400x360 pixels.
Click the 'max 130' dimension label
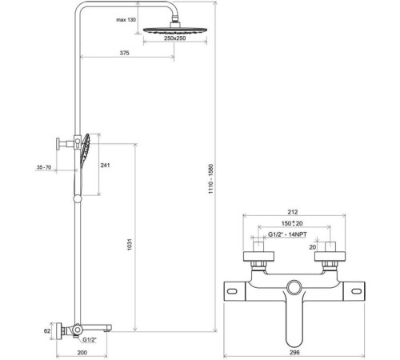(126, 20)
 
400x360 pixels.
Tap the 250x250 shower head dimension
(175, 38)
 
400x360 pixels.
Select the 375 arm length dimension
(124, 53)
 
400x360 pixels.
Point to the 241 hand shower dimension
(105, 165)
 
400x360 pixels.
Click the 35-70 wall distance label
(44, 167)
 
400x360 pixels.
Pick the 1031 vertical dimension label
(130, 245)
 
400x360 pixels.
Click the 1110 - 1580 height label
(211, 179)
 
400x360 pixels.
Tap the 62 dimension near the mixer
(47, 331)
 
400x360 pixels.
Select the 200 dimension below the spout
(82, 353)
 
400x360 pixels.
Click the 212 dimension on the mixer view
(293, 212)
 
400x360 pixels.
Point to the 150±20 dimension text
(292, 223)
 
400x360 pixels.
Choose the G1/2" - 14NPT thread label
(287, 234)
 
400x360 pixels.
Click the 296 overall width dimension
(294, 352)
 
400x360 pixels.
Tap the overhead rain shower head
(175, 30)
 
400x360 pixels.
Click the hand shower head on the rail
(85, 150)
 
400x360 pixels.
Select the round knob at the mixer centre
(294, 287)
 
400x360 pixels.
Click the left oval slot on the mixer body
(232, 291)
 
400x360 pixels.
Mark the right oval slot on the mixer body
(357, 291)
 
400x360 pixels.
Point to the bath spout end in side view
(108, 328)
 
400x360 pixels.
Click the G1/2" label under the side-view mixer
(90, 340)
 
